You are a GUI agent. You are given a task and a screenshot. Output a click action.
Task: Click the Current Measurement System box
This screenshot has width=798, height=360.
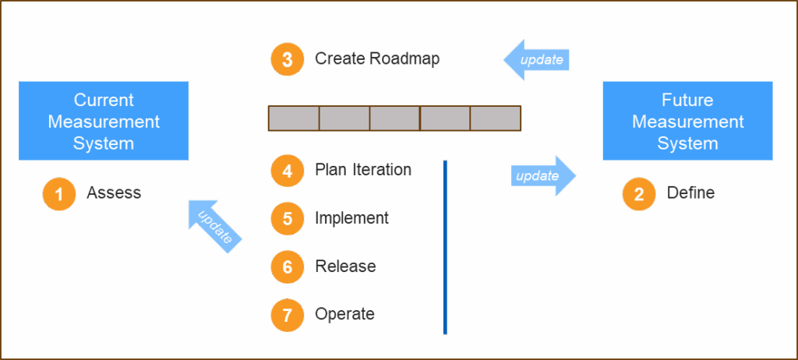tap(104, 121)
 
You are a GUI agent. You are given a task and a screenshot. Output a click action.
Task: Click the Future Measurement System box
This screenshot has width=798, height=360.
tap(687, 121)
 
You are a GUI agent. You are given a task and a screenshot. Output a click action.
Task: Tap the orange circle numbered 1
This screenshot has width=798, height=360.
tap(59, 194)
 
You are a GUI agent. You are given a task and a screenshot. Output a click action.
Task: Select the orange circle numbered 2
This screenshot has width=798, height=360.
tap(639, 194)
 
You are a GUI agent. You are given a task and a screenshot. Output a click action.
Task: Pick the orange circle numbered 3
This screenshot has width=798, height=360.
tap(288, 59)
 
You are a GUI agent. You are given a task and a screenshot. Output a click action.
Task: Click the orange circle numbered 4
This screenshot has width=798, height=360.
tap(288, 171)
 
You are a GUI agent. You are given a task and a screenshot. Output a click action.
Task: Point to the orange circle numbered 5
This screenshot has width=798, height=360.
tap(288, 219)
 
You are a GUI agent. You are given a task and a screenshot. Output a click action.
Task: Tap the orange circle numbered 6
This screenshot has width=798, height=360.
tap(288, 267)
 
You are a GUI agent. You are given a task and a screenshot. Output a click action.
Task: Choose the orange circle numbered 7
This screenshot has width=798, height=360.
tap(288, 316)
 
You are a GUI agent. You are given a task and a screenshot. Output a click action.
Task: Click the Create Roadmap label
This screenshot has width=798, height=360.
tap(377, 59)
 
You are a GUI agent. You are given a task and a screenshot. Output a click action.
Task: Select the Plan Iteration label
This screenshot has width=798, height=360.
tap(363, 170)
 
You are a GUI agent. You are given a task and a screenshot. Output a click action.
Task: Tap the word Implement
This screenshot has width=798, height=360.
tap(351, 218)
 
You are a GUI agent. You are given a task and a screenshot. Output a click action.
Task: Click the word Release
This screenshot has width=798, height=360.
tap(345, 266)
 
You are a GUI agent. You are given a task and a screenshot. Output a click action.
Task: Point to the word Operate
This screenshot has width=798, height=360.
tap(344, 315)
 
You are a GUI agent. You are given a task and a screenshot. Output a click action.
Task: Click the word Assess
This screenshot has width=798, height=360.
tap(114, 193)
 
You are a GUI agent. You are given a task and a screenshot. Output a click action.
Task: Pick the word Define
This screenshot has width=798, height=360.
tap(690, 192)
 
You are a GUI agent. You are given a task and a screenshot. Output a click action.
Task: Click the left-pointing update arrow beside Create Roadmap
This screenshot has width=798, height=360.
tap(537, 59)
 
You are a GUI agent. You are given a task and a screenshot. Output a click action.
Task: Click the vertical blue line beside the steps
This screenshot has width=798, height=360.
tap(445, 247)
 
